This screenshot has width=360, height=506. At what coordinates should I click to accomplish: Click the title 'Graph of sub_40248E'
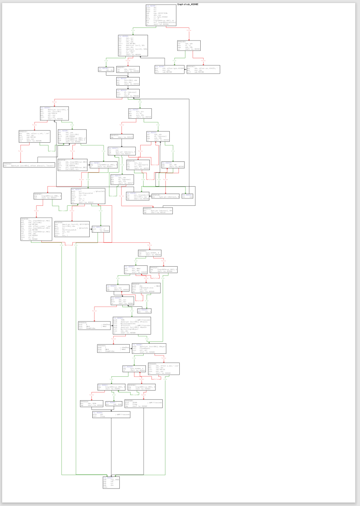(x=188, y=4)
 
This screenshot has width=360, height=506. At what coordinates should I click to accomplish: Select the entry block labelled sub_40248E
(x=161, y=15)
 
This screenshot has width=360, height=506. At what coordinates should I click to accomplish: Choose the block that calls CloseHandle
(x=148, y=349)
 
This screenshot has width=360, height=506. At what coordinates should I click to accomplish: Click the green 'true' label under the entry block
(x=134, y=30)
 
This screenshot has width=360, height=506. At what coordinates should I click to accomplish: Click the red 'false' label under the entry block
(x=188, y=30)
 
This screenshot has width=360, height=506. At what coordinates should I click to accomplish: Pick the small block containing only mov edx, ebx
(x=106, y=70)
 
